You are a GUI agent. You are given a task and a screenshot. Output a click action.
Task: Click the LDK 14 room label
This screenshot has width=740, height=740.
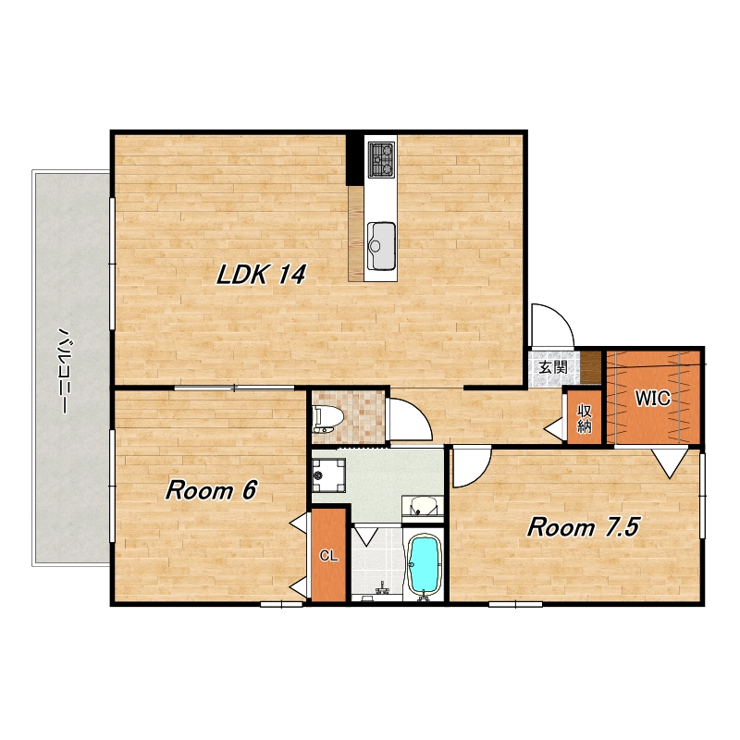261,274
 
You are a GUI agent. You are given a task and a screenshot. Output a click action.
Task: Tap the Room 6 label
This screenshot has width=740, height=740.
211,490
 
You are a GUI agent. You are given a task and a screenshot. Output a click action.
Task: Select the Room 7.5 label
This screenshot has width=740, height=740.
583,526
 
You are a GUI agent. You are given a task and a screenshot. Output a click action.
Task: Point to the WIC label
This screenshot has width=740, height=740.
653,399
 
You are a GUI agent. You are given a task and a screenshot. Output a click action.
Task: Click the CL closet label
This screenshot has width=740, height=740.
329,556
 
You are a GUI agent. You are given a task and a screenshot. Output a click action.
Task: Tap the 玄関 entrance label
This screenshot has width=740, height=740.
553,366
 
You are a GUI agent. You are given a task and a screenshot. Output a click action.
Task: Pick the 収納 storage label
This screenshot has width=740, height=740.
585,418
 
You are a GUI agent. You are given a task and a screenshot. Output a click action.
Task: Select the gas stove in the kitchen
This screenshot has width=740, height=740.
381,160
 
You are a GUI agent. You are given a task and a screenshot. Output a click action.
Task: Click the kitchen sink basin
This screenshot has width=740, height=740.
381,245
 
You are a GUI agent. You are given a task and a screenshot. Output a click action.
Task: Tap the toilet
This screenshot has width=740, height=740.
325,420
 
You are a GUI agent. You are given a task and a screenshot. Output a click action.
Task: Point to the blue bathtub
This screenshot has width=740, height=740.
424,565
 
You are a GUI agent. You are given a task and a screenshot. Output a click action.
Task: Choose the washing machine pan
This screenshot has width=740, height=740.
329,475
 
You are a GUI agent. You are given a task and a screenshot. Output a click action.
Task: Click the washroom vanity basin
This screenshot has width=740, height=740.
423,507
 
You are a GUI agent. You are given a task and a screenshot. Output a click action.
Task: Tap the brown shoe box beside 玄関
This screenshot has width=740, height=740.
590,367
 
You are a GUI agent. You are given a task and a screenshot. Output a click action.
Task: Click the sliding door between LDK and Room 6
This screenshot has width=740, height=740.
235,388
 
